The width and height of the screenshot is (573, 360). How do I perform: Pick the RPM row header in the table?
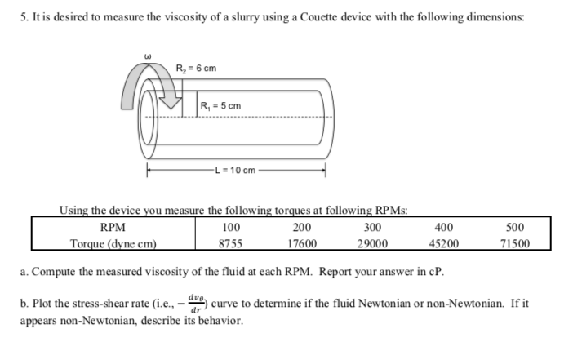click(x=112, y=227)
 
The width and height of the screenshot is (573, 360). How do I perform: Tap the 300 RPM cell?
click(x=373, y=227)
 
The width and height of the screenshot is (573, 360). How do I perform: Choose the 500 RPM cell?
click(x=515, y=227)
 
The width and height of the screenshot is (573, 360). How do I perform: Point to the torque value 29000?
click(x=373, y=242)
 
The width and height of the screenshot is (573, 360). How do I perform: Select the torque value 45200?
click(x=444, y=242)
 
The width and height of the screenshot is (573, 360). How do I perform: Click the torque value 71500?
click(x=515, y=242)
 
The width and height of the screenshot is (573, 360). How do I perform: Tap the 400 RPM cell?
click(x=444, y=227)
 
